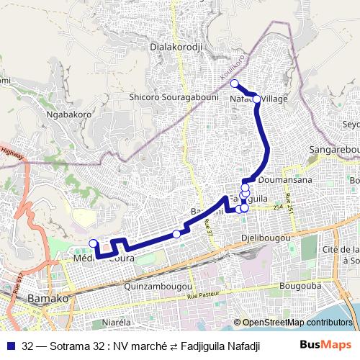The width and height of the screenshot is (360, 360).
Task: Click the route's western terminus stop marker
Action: tap(92, 243)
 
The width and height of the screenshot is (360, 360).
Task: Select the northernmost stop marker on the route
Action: tap(234, 84)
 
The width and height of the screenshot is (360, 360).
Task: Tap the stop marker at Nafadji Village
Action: tap(256, 99)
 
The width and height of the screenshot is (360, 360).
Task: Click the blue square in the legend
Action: tap(12, 344)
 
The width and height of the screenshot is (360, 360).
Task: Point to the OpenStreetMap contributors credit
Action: tap(296, 323)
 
